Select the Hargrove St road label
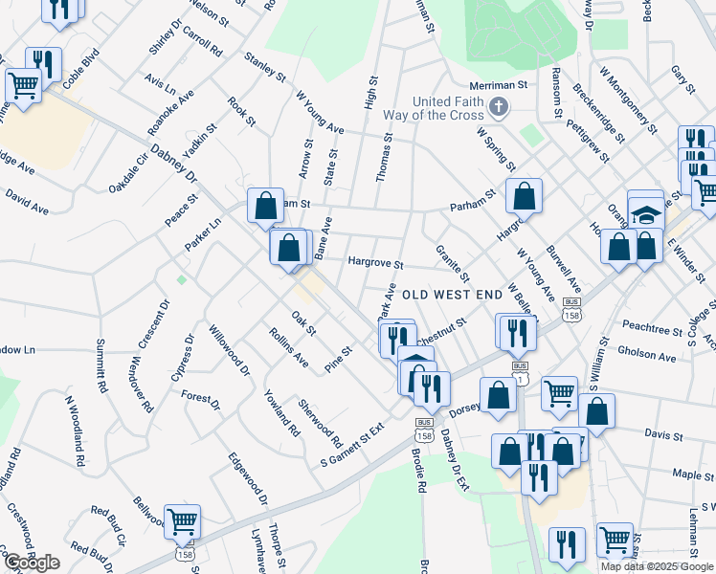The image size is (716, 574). [x=376, y=263]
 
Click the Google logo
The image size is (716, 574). [x=32, y=563]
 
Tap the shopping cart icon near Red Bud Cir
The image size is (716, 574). [x=182, y=521]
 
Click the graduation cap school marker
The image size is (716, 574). [x=646, y=213]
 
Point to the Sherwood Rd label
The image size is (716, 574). [x=320, y=424]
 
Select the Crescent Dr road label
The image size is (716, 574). [x=154, y=325]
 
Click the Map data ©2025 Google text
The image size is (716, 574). [x=658, y=565]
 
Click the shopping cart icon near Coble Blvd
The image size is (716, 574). [x=23, y=85]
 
